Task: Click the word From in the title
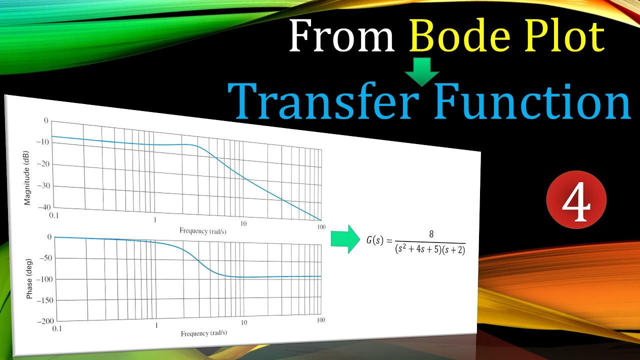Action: tap(341, 38)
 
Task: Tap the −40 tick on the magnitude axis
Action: tap(44, 207)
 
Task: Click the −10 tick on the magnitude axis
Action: tap(44, 142)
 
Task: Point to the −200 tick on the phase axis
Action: tap(45, 321)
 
